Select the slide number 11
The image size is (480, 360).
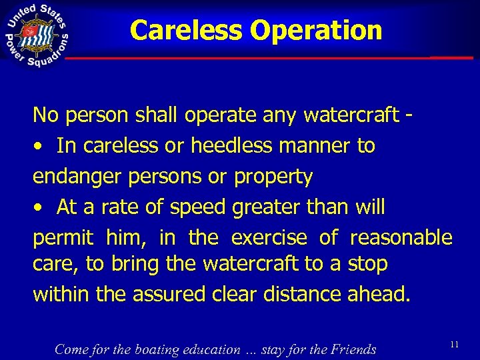tap(455, 344)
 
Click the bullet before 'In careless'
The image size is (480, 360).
tap(41, 146)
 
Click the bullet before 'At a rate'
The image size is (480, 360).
tap(41, 208)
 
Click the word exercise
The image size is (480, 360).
tap(269, 237)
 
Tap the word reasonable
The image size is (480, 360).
tap(401, 237)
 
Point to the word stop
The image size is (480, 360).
tap(368, 265)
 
